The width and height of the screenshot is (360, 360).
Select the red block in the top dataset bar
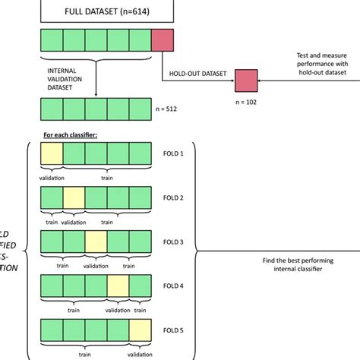pos(163,41)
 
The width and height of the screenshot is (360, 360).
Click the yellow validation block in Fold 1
pos(52,156)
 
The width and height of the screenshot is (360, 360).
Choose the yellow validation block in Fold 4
pos(118,286)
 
